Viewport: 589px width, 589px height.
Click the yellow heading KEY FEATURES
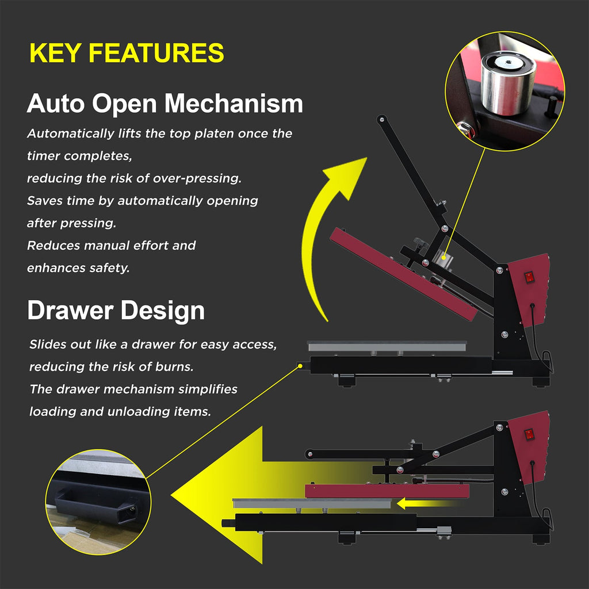point(127,52)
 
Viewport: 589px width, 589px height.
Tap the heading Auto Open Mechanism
point(165,104)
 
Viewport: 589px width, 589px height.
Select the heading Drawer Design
point(116,311)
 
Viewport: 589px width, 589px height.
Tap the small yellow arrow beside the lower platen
point(427,503)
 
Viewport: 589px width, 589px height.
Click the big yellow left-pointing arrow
point(270,495)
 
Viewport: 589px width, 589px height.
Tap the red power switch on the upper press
point(529,278)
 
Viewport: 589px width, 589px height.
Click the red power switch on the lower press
point(529,435)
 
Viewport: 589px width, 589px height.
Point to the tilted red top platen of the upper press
point(403,274)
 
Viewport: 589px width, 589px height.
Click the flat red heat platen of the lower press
point(387,491)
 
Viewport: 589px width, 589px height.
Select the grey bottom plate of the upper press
point(387,346)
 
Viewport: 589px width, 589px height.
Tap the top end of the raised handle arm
point(382,119)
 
